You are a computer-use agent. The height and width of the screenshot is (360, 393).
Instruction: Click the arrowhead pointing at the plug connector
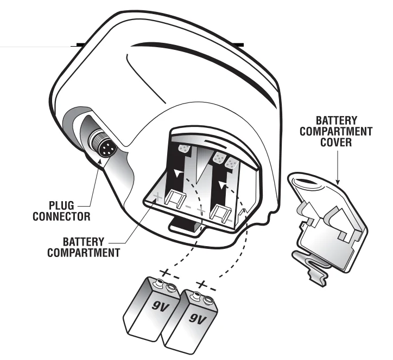click(x=101, y=159)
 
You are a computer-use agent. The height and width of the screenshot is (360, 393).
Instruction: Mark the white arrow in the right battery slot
click(x=221, y=184)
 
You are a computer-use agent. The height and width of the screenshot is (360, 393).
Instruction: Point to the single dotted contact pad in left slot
click(x=184, y=148)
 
